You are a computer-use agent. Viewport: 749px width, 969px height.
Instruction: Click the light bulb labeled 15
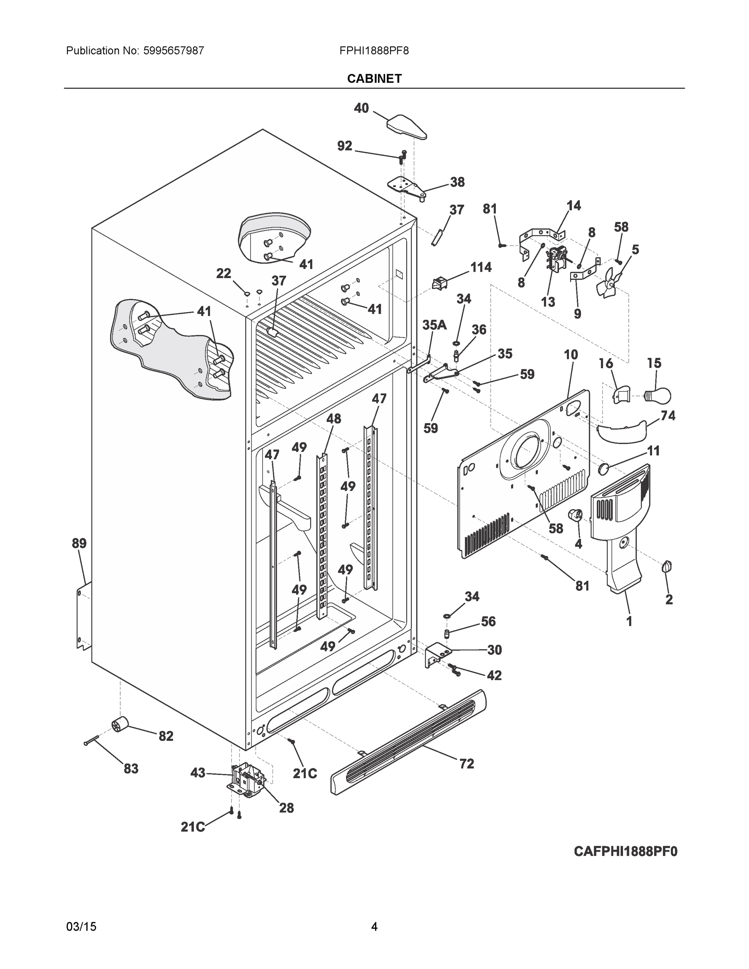pos(658,394)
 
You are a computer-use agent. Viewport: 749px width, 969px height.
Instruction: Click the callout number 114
pos(480,267)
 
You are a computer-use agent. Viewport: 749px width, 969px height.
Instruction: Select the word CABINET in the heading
pos(374,79)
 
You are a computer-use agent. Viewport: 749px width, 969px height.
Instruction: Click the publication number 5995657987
pos(174,50)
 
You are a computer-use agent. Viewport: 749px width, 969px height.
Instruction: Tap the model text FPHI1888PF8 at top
pos(373,50)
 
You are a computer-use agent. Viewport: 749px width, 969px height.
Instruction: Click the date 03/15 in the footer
pos(81,927)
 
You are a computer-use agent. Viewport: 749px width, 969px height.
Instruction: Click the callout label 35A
pos(434,325)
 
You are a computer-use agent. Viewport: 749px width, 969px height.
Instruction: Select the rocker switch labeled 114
pos(439,283)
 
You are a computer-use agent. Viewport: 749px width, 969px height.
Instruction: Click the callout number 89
pos(80,543)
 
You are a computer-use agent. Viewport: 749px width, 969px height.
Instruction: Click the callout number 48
pos(334,418)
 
